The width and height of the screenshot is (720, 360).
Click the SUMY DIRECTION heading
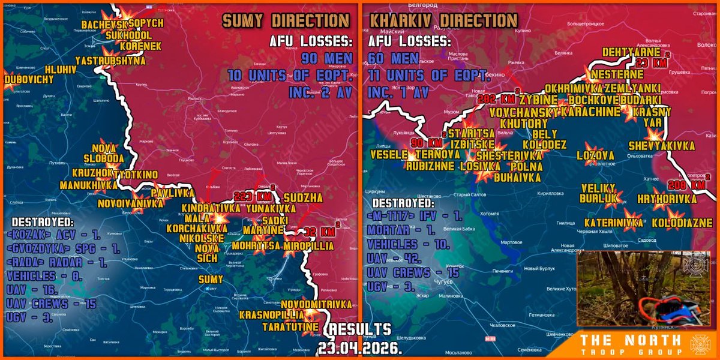pos(286,20)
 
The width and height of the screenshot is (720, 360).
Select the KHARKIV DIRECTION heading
pos(443,20)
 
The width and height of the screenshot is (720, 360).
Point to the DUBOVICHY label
pos(28,79)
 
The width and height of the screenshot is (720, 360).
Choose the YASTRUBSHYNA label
pos(110,60)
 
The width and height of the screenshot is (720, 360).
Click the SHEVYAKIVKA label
pos(662,146)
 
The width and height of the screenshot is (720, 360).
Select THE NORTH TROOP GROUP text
pos(631,345)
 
